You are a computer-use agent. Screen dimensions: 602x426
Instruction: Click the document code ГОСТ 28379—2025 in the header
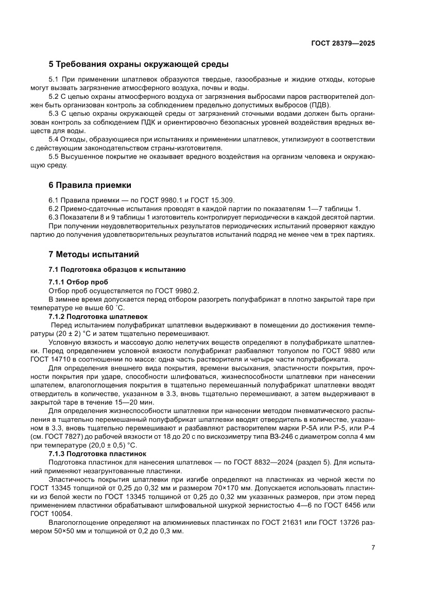pos(343,44)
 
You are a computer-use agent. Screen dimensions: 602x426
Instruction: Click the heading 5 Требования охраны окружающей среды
pos(139,64)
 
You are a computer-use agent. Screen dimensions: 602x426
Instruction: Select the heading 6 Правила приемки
pos(90,185)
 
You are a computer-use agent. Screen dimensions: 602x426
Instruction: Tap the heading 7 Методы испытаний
pos(94,254)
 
